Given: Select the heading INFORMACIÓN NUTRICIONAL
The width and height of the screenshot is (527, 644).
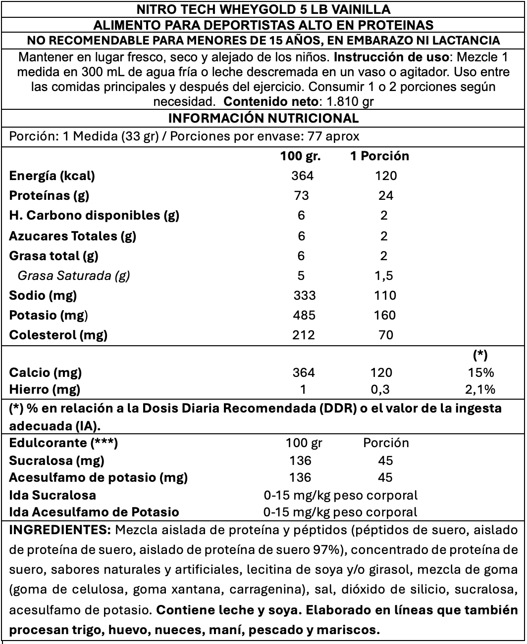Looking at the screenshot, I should [x=263, y=118].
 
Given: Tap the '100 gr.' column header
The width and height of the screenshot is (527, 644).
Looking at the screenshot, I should [x=301, y=156].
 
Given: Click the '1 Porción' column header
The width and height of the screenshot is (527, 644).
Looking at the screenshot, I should [x=379, y=156].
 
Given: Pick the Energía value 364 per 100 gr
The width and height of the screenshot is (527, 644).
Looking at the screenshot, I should [x=303, y=176].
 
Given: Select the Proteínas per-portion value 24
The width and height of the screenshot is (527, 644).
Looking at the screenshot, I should [x=385, y=196].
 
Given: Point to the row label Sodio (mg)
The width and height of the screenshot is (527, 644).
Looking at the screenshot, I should [x=43, y=296].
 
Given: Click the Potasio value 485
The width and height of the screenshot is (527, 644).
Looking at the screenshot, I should [x=304, y=316].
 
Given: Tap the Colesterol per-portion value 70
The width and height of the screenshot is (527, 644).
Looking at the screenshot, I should [x=385, y=335].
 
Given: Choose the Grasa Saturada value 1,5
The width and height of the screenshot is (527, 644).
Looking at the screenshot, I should [x=383, y=276].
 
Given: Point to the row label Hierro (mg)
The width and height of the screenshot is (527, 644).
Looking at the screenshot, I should [x=45, y=390].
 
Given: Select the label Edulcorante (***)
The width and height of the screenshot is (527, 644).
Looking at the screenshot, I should [x=63, y=443].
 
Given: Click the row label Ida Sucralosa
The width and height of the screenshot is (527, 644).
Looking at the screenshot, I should [x=53, y=495].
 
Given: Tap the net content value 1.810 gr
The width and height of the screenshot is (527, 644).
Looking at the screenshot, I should [x=347, y=102].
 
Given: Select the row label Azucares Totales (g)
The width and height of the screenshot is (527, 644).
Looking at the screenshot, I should [x=73, y=236].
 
